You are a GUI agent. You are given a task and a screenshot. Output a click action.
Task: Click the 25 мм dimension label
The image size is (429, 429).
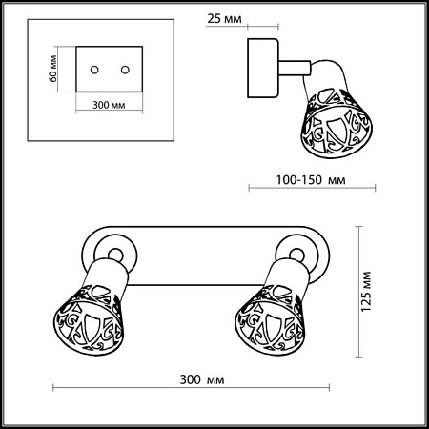pyautogui.click(x=224, y=19)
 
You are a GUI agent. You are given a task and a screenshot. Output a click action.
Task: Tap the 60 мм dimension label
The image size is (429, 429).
pyautogui.click(x=52, y=69)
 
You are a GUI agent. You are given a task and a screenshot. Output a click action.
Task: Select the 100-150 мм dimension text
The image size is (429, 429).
pyautogui.click(x=311, y=180)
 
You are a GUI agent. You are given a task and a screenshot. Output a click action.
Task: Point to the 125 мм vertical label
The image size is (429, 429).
pyautogui.click(x=366, y=292)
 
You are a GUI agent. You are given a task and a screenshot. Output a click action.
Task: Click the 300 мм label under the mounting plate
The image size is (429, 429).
pyautogui.click(x=109, y=105)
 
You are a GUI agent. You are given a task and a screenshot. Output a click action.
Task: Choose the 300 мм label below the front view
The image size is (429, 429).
pyautogui.click(x=202, y=379)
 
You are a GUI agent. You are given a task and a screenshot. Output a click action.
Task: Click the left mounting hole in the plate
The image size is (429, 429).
pyautogui.click(x=94, y=70)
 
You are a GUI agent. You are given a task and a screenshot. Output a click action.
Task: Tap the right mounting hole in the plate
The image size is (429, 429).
pyautogui.click(x=125, y=70)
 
